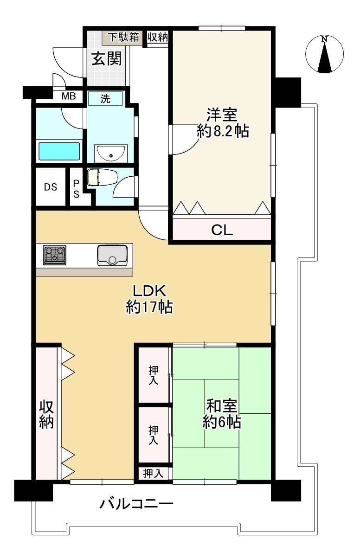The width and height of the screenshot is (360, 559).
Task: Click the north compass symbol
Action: tap(325, 54)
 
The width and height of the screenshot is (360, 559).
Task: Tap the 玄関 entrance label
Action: tap(106, 59)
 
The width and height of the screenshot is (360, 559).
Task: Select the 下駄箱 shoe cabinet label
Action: tap(123, 38)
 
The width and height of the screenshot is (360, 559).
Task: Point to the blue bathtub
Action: tap(59, 151)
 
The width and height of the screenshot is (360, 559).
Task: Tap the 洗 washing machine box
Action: tap(106, 99)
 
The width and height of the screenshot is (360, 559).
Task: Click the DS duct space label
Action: tap(51, 187)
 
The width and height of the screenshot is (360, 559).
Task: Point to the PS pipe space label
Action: tap(76, 189)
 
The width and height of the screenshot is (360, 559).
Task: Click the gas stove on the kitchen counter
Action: tap(55, 255)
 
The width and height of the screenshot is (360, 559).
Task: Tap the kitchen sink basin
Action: tap(112, 255)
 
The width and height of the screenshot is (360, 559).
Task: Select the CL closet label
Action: tap(222, 230)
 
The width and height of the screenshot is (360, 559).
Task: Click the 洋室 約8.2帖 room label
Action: tap(223, 123)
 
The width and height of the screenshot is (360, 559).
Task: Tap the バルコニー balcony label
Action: tap(137, 504)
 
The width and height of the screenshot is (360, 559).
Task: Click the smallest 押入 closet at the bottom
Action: tap(153, 474)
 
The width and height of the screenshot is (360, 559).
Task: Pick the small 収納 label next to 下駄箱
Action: tap(157, 38)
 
